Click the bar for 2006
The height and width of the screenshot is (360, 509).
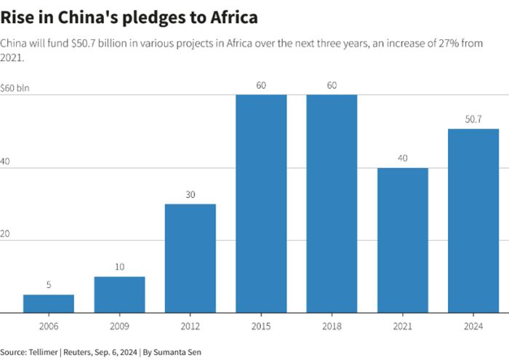coord(49,303)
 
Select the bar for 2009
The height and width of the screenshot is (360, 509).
coord(119,295)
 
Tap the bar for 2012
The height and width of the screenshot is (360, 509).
coord(190,258)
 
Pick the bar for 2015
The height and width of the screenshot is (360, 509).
coord(261,204)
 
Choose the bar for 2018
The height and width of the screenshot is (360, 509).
coord(332,204)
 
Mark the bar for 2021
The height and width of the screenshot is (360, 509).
coord(402,240)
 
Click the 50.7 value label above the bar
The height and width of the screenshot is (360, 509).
coord(473,119)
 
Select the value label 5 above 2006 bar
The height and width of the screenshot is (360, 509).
coord(49,285)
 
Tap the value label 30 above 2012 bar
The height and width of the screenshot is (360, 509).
coord(190,194)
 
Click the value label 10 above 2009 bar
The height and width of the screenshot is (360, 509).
coord(119,267)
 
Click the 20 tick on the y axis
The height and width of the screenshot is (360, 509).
coord(5,233)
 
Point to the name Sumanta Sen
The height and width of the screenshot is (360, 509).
coord(180,352)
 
